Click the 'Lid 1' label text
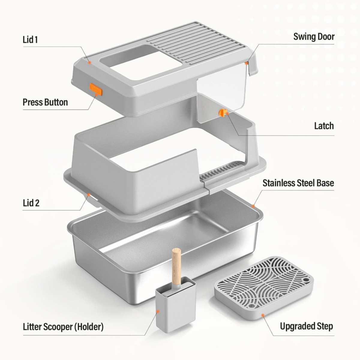(x=30, y=40)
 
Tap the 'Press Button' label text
(x=45, y=102)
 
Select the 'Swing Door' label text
(x=314, y=37)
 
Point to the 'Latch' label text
(x=324, y=126)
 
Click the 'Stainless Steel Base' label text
(x=298, y=183)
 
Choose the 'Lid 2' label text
(x=31, y=203)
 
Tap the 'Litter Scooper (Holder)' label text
(x=63, y=327)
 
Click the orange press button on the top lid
(x=96, y=89)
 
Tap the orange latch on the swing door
(x=222, y=113)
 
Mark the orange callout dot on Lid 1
(x=90, y=63)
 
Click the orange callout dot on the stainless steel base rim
(x=253, y=206)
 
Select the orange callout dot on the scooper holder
(x=158, y=311)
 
